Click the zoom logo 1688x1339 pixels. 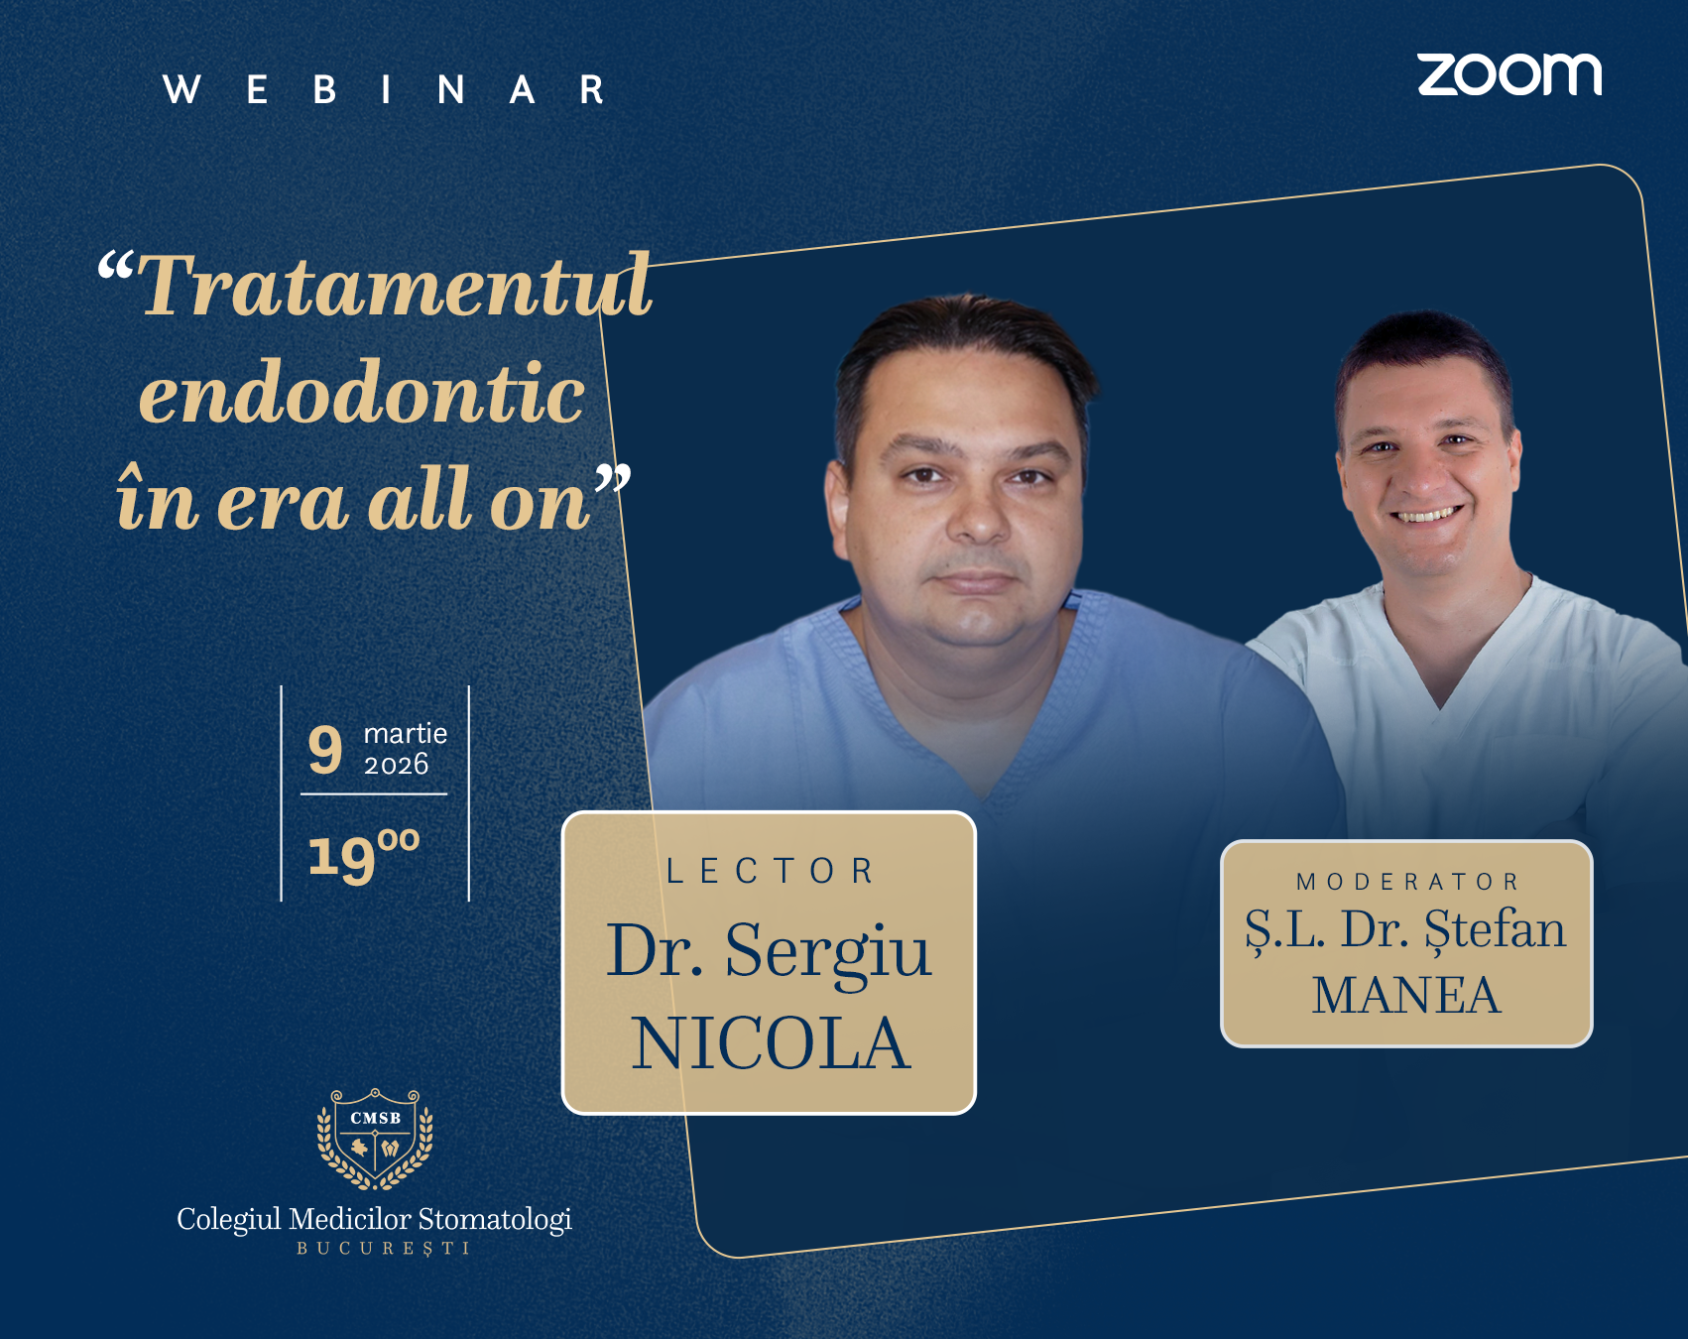click(1508, 75)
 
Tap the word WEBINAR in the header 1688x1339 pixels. click(385, 90)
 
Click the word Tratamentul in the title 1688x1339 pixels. click(395, 287)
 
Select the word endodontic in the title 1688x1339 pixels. click(362, 394)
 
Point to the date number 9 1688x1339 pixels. click(325, 751)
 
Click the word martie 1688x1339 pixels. click(405, 733)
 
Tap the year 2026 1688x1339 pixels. click(396, 765)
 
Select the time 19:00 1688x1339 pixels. click(363, 855)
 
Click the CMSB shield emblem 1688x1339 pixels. click(375, 1139)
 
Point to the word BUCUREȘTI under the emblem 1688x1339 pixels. click(383, 1249)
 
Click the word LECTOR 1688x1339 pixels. click(771, 871)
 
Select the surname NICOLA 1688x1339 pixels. click(771, 1044)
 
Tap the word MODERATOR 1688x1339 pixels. click(1407, 882)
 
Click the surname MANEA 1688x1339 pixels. click(1406, 996)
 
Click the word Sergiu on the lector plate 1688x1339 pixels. click(828, 950)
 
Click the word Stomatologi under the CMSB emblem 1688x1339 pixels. click(495, 1219)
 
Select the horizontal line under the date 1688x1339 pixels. click(374, 793)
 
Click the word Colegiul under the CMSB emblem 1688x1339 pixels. click(229, 1219)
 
